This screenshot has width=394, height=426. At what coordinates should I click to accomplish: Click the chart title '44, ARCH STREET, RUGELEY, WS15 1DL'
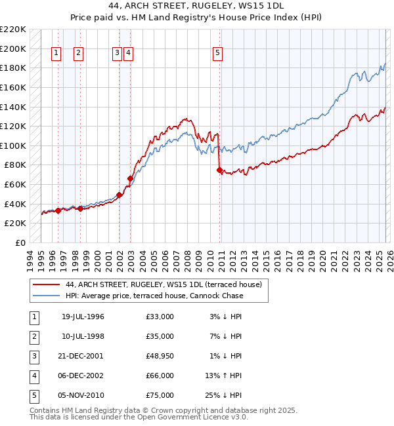pos(197,5)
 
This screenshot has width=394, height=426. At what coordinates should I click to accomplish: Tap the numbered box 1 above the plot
pos(56,54)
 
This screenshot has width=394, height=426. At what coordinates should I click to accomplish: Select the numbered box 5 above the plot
pos(217,54)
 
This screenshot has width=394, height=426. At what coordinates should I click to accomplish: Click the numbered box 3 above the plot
pos(117,54)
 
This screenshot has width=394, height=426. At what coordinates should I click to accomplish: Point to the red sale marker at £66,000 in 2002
pos(130,178)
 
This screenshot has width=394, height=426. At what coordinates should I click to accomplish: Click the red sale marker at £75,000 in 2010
pos(219,170)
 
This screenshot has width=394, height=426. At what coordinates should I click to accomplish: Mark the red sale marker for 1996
pos(58,210)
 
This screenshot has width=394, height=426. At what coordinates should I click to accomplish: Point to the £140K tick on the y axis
pos(14,107)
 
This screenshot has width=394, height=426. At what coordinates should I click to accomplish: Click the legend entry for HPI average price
pos(154,296)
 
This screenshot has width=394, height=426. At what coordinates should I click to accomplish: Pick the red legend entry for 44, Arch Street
pos(164,284)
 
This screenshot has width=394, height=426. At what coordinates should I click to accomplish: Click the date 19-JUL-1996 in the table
pos(83,317)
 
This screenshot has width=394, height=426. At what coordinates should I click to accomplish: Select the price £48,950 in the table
pos(160,356)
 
